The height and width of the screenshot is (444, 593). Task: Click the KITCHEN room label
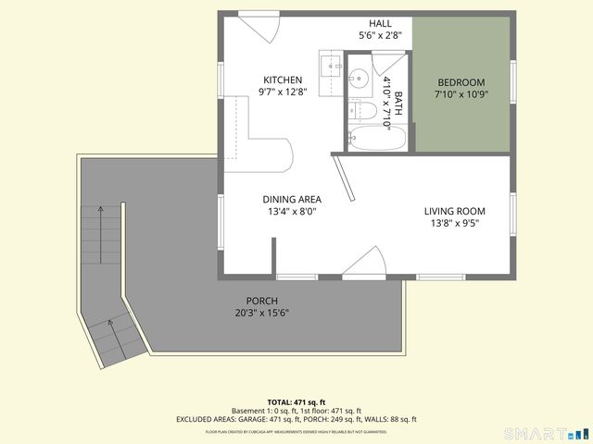tap(284, 79)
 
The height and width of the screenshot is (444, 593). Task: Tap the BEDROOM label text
tap(461, 81)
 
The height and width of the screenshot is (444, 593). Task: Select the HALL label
tap(380, 23)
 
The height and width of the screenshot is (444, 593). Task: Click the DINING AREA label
tap(292, 199)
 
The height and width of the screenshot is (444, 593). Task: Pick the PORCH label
tap(261, 301)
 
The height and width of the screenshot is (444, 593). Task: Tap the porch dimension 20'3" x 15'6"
tap(261, 313)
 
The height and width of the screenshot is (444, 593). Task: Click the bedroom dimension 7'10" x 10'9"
tap(461, 94)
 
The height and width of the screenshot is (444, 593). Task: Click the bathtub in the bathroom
tap(377, 139)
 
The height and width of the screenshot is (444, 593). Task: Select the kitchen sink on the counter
tap(332, 67)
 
